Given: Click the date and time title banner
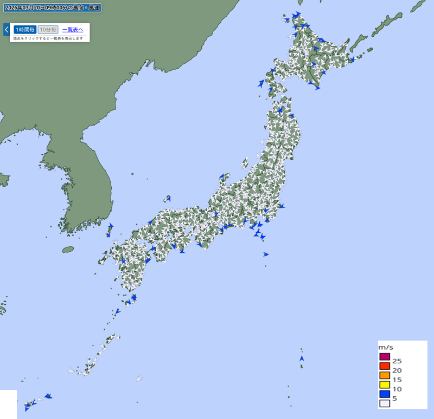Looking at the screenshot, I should [x=52, y=8].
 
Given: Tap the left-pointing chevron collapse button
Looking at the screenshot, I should [x=7, y=29].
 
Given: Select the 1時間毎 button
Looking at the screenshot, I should [x=25, y=30].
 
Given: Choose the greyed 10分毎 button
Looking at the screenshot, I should [x=48, y=30].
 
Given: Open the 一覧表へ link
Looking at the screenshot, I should [x=73, y=30].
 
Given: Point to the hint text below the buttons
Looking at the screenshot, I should [x=48, y=38].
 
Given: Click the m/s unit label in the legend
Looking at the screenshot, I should [x=386, y=347].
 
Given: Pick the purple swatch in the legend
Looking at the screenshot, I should [x=385, y=357].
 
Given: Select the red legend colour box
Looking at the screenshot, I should [x=385, y=366].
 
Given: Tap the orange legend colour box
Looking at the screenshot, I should [x=385, y=375].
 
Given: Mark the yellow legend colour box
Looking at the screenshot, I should [x=385, y=384].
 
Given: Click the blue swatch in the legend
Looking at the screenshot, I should [x=385, y=394].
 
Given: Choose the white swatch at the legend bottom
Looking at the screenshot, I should [x=385, y=403].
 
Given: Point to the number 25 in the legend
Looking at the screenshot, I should [x=397, y=361].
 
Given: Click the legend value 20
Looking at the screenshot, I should [x=397, y=370].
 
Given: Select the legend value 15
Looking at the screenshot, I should [x=397, y=380].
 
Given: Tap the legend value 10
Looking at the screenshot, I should [x=397, y=389].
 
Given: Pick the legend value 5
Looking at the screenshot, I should [x=394, y=398].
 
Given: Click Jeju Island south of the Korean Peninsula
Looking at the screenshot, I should [x=68, y=250].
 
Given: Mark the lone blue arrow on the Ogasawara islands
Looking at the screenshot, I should [x=302, y=358].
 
